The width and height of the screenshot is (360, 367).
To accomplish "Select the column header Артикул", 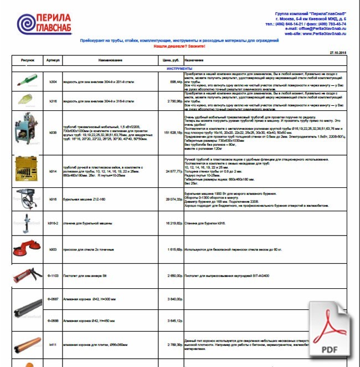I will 53,60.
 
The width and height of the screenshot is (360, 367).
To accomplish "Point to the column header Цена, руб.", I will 169,60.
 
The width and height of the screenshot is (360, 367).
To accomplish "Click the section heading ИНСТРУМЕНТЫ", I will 179,68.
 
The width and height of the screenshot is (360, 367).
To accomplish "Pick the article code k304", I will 53,81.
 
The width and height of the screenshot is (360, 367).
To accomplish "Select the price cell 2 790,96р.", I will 172,101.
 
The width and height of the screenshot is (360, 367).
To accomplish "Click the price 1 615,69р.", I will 172,249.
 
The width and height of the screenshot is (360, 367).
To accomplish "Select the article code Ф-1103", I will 53,275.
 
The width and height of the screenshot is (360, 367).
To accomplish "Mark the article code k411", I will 53,344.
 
